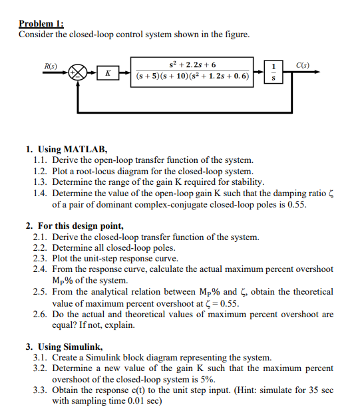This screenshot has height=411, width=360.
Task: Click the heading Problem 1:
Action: tap(39, 24)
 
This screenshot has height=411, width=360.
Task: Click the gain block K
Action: tap(106, 72)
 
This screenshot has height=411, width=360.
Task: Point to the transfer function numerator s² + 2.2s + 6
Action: tap(193, 65)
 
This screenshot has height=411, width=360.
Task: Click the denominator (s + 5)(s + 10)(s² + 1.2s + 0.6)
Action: tap(193, 76)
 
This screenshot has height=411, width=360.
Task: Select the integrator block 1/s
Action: tap(271, 72)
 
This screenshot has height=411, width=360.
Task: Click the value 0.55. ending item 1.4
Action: tap(295, 204)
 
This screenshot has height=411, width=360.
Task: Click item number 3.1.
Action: tap(41, 357)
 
